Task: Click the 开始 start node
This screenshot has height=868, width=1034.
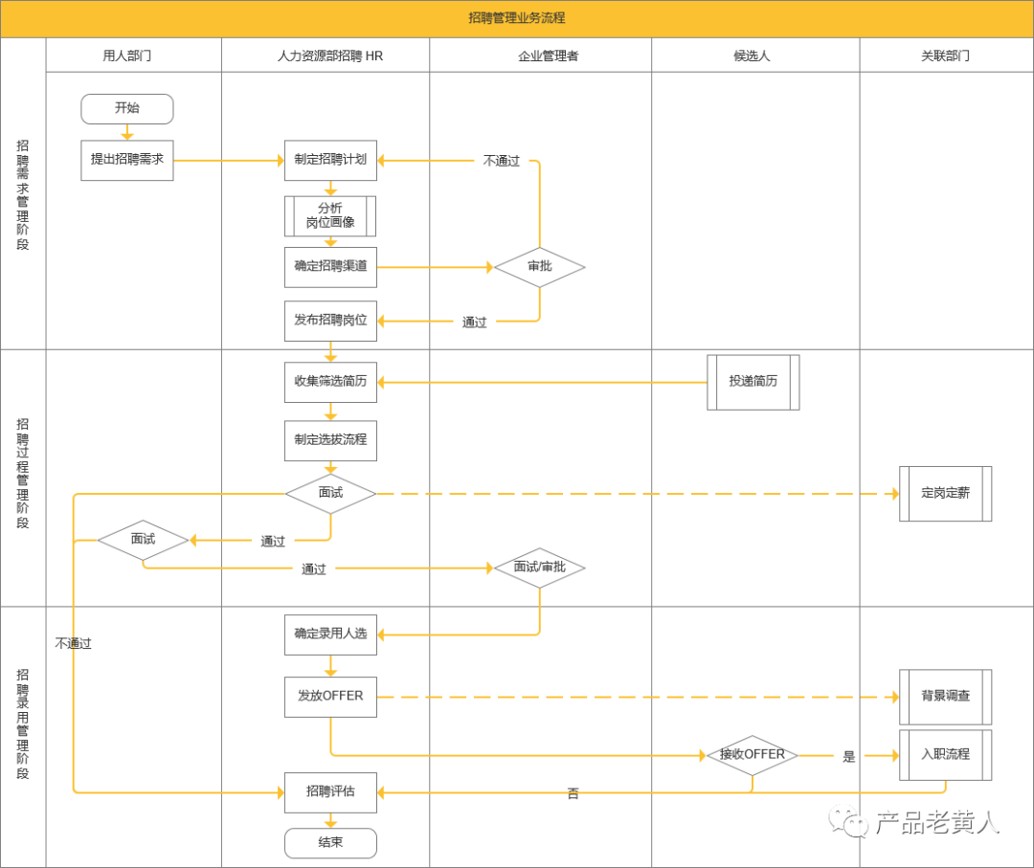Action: pos(127,109)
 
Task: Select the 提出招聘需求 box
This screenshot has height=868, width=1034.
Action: pos(127,160)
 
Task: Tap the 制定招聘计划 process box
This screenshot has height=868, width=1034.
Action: pos(330,160)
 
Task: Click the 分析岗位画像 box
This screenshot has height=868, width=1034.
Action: pos(330,216)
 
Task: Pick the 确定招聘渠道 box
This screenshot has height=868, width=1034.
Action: pos(330,267)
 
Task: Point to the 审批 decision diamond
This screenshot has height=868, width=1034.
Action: pos(539,267)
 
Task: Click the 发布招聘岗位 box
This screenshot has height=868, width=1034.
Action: pos(330,321)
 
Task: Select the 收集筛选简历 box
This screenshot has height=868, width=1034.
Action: pos(330,381)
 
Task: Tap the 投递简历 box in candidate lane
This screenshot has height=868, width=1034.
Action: pos(753,382)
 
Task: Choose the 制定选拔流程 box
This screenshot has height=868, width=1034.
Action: pos(330,440)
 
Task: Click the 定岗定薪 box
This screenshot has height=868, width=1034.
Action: pos(945,494)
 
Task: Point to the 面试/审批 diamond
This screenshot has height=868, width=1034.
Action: pos(539,568)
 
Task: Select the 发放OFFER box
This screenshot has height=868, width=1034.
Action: pos(330,697)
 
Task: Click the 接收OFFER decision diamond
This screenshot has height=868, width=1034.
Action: pos(753,755)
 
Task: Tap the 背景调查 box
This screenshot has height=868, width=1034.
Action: pos(945,697)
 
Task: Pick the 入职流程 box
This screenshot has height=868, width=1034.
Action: pos(945,755)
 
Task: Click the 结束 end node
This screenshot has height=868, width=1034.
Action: pos(330,843)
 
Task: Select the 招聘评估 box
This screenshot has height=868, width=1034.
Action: pos(330,792)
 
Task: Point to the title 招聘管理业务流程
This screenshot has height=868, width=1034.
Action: pos(517,18)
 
